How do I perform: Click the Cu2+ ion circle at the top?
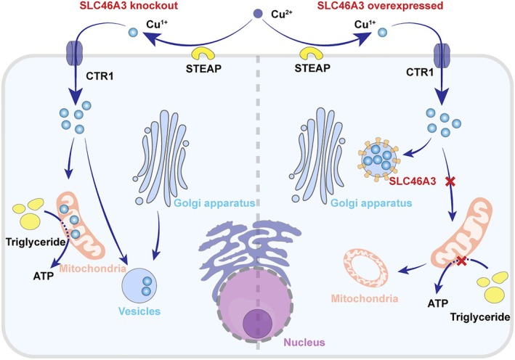point(257,14)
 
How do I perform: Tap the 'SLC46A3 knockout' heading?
point(129,6)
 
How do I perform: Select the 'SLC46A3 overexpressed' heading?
point(380,6)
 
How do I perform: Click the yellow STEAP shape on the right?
point(311,54)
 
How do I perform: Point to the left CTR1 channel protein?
point(75,52)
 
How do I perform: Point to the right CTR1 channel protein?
point(442,56)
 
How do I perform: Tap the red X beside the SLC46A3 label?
point(450,181)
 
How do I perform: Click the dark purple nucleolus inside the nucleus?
point(257,323)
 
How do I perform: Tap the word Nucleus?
point(304,343)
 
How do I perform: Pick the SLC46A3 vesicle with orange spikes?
point(379,159)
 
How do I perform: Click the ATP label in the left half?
point(44,276)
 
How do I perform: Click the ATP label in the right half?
point(438,303)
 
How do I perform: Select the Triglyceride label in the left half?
point(36,242)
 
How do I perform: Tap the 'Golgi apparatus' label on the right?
point(371,203)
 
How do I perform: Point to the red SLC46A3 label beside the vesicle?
point(413,181)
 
